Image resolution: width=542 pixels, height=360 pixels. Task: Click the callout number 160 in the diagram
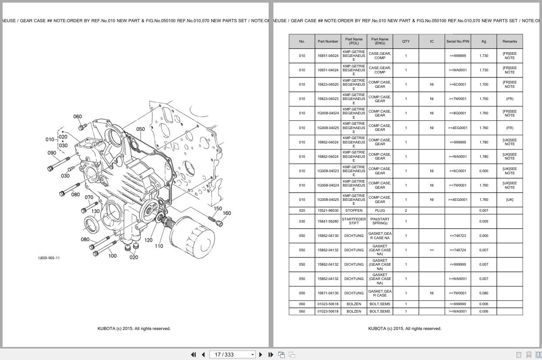coord(227,213)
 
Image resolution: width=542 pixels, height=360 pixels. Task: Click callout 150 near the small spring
coord(218,208)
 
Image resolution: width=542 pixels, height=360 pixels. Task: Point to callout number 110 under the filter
coord(159,246)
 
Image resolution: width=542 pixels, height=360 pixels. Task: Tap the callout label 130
coord(95,211)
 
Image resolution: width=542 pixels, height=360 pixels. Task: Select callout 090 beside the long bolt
coord(52,153)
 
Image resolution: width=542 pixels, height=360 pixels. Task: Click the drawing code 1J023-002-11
coord(49,258)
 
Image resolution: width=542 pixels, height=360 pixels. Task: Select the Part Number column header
coord(328,41)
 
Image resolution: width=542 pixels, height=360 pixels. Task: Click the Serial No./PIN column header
coord(458,41)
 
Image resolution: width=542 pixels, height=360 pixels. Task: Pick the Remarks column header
coord(509,41)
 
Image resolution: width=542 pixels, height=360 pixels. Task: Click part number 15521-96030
coord(328,210)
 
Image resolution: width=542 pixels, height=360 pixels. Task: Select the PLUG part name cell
coord(380,210)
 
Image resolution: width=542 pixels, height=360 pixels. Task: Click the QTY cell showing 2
coord(406,210)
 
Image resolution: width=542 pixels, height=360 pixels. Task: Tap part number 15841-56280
coord(328,221)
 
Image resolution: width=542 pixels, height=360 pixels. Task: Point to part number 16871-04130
coord(328,293)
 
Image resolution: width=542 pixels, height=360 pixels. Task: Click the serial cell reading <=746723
coord(458,236)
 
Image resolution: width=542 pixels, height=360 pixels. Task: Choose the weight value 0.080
coord(484,293)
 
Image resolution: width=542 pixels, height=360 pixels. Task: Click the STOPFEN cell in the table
coord(354,210)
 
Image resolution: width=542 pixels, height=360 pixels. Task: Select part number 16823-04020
coord(328,84)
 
